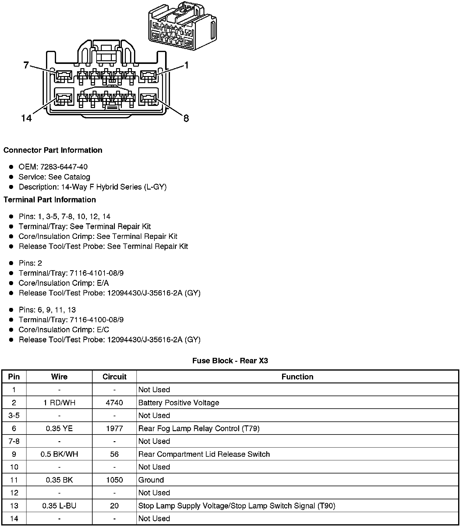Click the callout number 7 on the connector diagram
[26, 65]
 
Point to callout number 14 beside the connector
[27, 118]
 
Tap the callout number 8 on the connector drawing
[186, 118]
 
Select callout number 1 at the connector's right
[186, 65]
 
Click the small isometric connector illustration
[182, 26]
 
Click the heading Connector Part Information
[53, 150]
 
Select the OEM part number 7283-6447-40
[64, 167]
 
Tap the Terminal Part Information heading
[50, 200]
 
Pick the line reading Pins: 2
[30, 263]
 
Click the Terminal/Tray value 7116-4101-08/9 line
[71, 273]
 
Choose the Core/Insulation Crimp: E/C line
[64, 330]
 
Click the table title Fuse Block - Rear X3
[230, 361]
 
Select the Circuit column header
[114, 377]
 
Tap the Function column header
[297, 377]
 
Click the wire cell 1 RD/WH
[59, 403]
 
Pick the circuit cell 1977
[114, 429]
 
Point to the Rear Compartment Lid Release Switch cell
[204, 454]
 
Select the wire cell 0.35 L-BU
[59, 506]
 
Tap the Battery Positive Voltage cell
[178, 403]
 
